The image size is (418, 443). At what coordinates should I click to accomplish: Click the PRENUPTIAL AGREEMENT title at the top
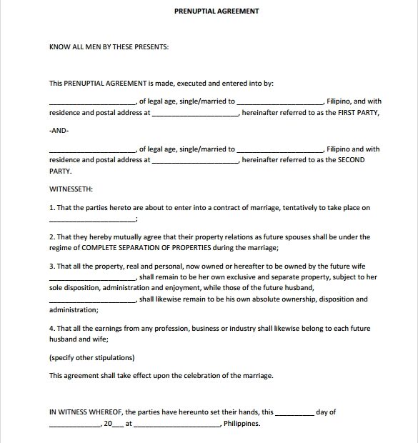[217, 11]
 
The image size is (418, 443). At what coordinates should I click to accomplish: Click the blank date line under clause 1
[91, 219]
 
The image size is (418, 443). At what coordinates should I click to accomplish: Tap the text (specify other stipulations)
[91, 357]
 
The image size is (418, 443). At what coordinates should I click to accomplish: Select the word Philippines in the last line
[242, 424]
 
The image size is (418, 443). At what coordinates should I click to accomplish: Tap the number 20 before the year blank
[109, 424]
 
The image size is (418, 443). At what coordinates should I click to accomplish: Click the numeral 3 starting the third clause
[51, 266]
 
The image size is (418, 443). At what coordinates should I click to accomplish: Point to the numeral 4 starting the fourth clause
[51, 328]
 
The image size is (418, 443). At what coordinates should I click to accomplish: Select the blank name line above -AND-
[91, 102]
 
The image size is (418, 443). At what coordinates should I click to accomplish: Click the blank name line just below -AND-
[91, 150]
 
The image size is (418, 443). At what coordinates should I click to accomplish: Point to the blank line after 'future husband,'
[91, 300]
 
